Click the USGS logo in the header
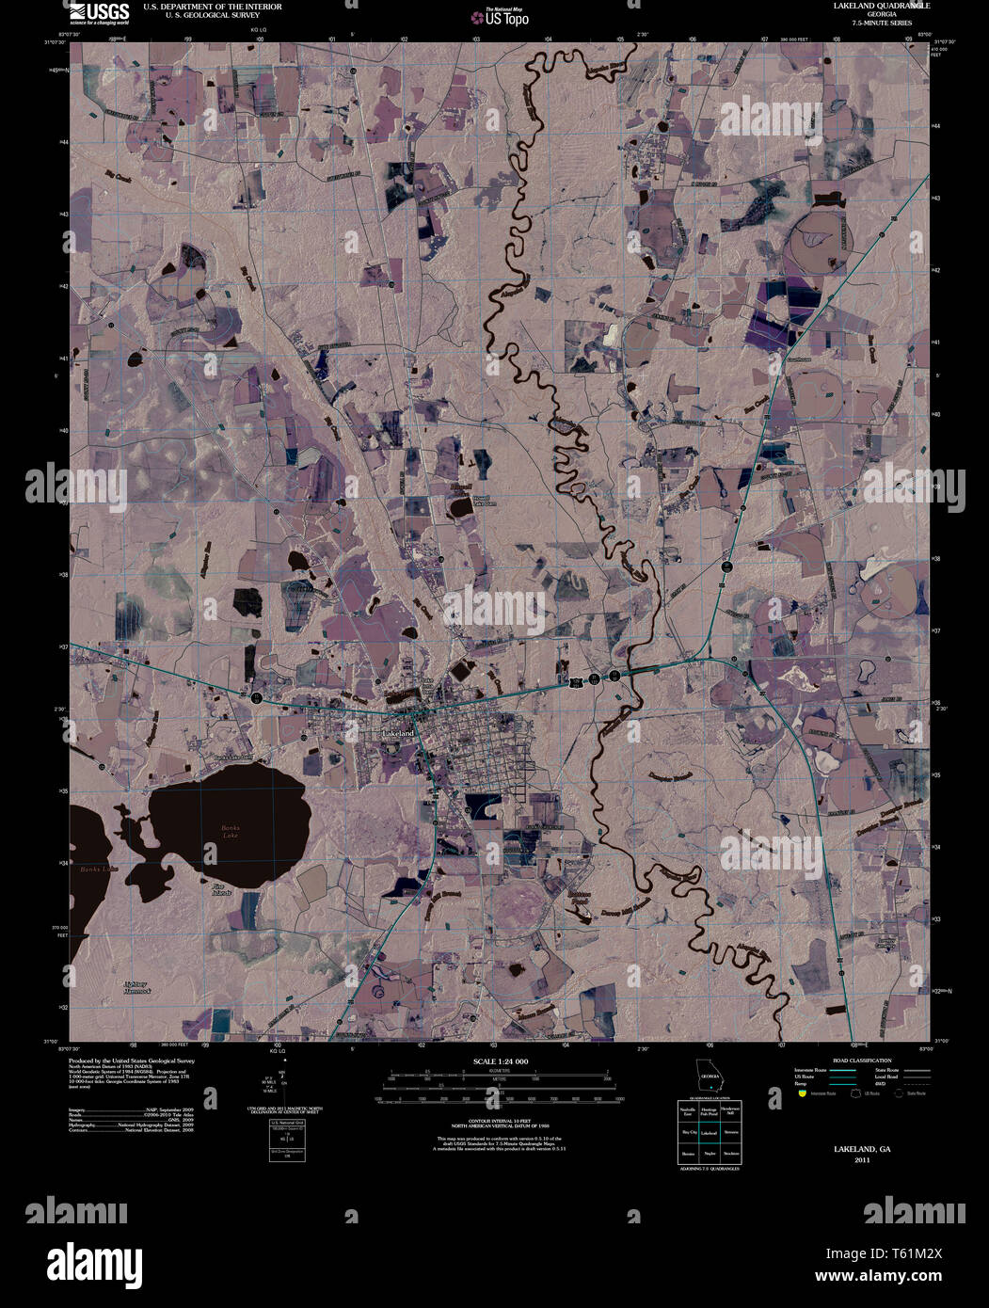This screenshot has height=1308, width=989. [100, 12]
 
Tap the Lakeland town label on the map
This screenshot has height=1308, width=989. [398, 732]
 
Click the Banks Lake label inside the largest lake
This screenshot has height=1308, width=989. [231, 831]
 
